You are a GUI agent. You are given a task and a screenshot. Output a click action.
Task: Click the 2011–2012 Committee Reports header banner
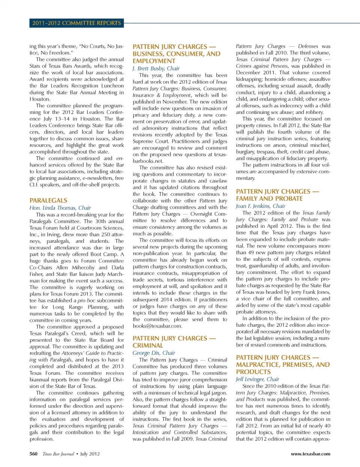[76, 23]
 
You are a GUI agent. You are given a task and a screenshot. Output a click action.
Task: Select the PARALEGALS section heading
[48, 200]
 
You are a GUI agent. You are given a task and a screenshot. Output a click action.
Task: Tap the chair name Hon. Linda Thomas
[60, 208]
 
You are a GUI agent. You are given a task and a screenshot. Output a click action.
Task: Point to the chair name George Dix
[154, 353]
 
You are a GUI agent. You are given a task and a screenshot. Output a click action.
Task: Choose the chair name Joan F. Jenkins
[261, 206]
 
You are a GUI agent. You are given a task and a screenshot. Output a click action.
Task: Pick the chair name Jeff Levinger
[257, 379]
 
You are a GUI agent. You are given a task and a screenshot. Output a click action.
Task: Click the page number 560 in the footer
[33, 454]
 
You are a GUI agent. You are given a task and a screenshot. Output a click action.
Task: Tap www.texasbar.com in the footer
[310, 454]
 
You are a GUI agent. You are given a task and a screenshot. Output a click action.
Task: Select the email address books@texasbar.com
[157, 326]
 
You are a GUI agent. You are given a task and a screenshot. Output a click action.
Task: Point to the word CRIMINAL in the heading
[148, 345]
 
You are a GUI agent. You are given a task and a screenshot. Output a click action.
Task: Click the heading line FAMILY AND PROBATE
[269, 198]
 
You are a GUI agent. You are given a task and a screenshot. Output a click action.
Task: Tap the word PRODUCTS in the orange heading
[253, 372]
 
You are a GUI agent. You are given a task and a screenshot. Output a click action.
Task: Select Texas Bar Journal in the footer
[58, 454]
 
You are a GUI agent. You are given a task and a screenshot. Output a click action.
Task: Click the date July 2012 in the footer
[90, 454]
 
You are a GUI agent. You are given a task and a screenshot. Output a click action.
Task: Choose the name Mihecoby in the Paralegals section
[83, 267]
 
